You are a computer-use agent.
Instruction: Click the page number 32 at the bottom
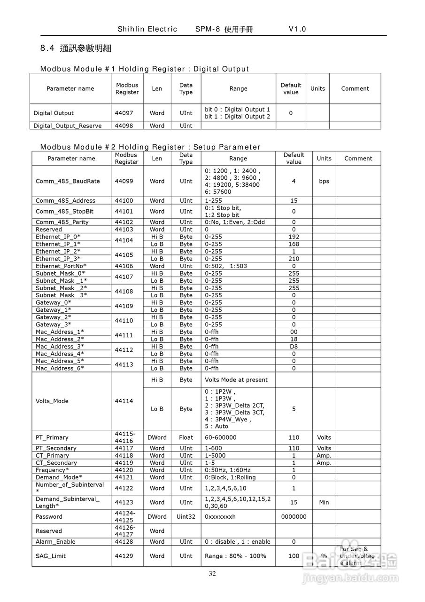point(212,573)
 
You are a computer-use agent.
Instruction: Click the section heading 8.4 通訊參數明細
point(76,48)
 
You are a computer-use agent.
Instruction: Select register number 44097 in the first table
point(124,113)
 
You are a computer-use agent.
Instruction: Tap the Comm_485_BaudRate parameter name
point(68,181)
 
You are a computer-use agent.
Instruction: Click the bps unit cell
point(324,181)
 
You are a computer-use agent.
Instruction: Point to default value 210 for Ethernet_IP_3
point(294,259)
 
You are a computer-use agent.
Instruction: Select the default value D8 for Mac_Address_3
point(294,347)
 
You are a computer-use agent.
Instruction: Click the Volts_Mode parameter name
point(52,401)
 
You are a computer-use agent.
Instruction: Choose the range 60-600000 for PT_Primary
point(221,437)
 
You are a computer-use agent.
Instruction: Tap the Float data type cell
point(186,437)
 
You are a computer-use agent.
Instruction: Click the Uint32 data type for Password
point(186,516)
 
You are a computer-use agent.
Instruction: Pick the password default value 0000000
point(294,516)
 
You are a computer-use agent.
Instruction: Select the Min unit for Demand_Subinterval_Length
point(324,502)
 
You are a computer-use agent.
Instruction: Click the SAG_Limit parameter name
point(51,556)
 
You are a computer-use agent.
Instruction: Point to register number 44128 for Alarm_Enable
point(124,542)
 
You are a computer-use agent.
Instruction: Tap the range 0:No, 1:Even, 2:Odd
point(235,222)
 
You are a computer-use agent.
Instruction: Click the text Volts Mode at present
point(236,380)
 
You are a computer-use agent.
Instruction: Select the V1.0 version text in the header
point(297,29)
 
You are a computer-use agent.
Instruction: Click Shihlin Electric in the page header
point(147,29)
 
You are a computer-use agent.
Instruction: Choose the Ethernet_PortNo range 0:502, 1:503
point(226,266)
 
